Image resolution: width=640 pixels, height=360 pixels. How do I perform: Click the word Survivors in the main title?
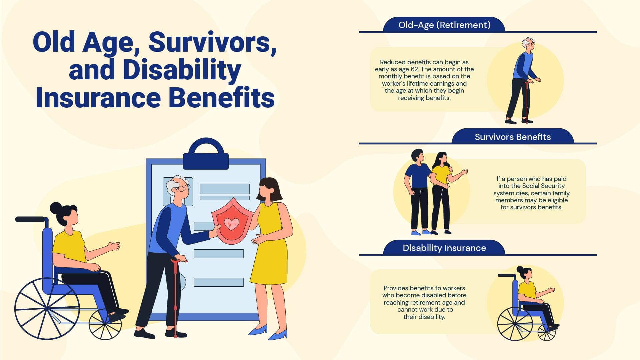pos(212,42)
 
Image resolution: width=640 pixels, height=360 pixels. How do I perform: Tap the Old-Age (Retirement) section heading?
pos(444,25)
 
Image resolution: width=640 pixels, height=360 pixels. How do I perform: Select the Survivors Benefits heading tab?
pos(513,137)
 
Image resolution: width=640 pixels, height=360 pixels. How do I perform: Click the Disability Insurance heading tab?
pos(444,248)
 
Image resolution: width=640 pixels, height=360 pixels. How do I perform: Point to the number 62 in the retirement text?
pos(414,69)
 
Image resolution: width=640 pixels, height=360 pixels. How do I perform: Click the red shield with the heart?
pos(231,221)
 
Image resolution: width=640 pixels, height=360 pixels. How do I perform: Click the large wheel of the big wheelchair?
pos(47,308)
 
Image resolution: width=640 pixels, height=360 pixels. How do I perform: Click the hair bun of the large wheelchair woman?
pos(56,208)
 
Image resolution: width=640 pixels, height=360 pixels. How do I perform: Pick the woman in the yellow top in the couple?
pos(441,192)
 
